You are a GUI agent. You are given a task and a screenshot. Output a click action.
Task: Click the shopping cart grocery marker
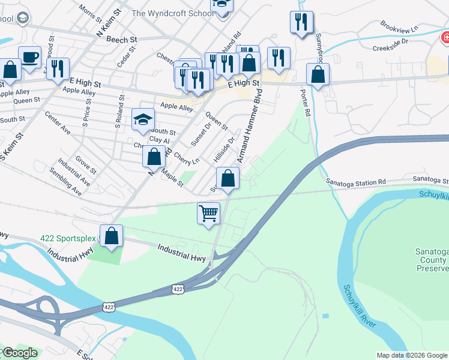208,213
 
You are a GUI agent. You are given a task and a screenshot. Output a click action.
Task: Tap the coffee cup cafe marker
30,57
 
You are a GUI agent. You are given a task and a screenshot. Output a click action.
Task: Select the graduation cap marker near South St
143,119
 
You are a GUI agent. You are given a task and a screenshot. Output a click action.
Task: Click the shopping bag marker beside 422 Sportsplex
112,235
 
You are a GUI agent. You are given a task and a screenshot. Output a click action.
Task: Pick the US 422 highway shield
177,289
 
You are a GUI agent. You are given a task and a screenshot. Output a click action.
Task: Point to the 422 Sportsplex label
68,238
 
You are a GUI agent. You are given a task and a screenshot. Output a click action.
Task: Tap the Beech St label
122,39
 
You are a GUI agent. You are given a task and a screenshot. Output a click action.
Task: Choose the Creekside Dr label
390,46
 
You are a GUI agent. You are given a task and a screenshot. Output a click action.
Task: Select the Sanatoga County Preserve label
431,260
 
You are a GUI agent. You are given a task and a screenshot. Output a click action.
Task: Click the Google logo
19,353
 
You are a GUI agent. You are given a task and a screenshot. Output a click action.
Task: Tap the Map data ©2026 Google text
411,355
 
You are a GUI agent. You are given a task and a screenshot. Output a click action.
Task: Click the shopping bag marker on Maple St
154,157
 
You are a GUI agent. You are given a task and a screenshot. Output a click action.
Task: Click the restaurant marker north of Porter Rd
301,22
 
